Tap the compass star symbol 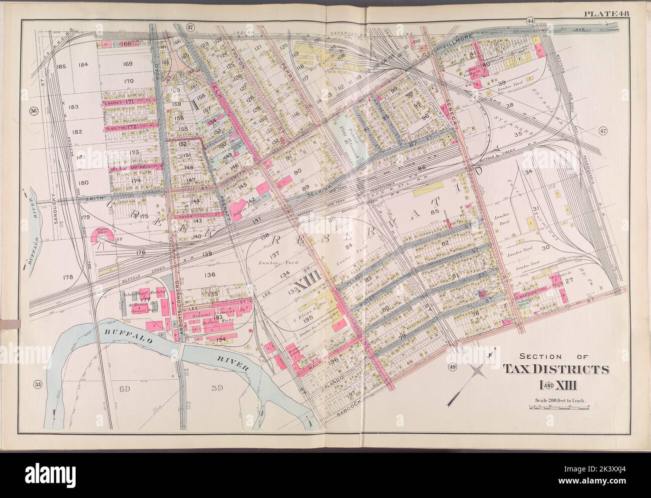(x=479, y=372)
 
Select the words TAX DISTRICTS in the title (x=556, y=370)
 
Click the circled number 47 (x=602, y=131)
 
